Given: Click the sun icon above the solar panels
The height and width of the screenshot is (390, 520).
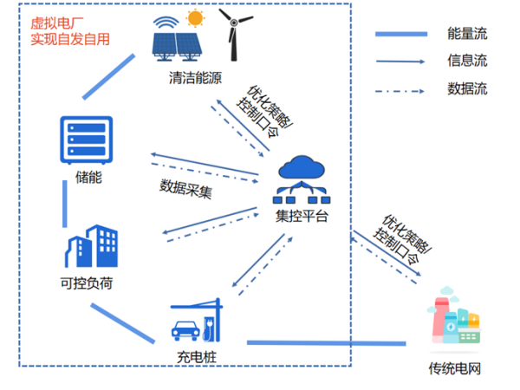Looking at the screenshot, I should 195,17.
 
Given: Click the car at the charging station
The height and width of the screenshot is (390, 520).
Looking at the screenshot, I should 183,329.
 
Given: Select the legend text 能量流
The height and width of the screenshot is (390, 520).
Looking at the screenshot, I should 468,34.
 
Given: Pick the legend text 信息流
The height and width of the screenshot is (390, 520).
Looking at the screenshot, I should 468,61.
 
